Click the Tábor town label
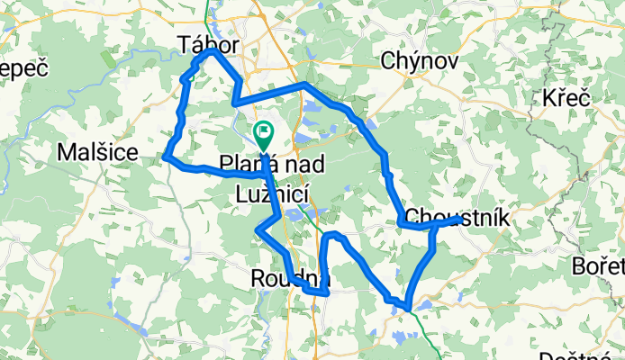(x=210, y=43)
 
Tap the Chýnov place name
(x=420, y=61)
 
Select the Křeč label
(x=566, y=98)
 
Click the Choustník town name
(x=458, y=217)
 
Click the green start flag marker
(x=264, y=136)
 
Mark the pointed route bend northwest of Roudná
(x=258, y=231)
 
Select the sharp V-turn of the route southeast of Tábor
(x=235, y=103)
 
